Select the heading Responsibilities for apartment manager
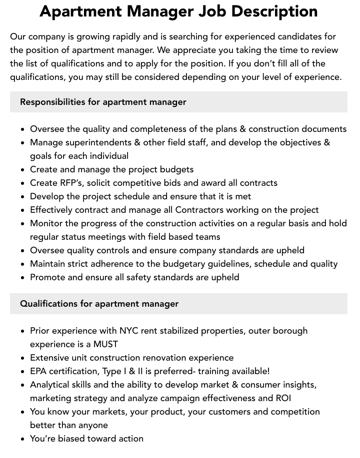click(x=103, y=102)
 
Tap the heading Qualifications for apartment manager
click(x=99, y=304)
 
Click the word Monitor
click(x=47, y=223)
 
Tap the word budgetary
click(x=200, y=264)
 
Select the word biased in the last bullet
click(x=71, y=439)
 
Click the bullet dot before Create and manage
click(x=22, y=170)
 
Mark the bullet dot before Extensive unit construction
click(x=22, y=358)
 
